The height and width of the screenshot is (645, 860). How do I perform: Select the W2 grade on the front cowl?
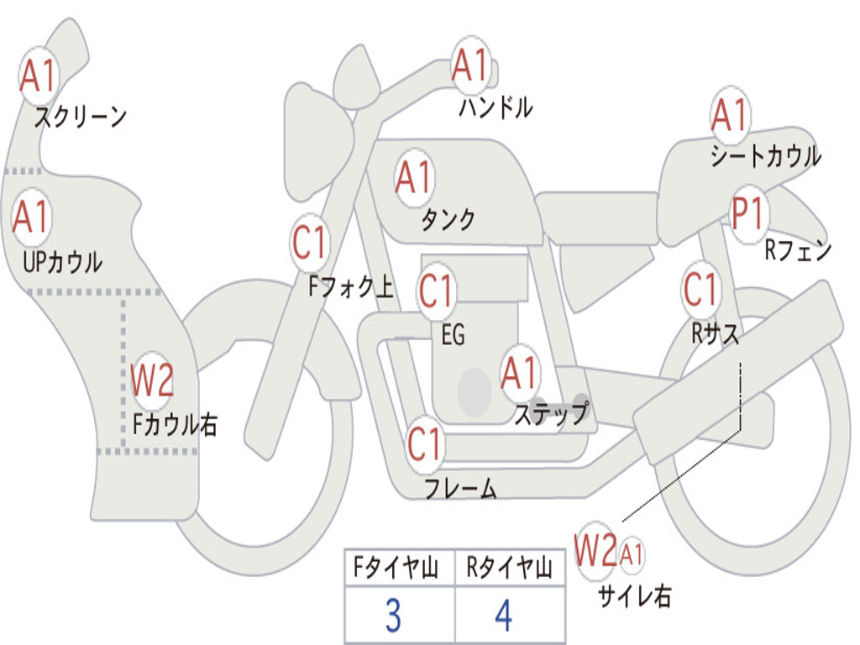(x=153, y=380)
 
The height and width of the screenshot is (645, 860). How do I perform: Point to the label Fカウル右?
(x=175, y=424)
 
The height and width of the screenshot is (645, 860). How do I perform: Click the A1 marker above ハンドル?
(x=470, y=66)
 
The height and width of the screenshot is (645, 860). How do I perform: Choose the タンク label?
(x=448, y=220)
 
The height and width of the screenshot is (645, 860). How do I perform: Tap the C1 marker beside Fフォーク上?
(x=310, y=244)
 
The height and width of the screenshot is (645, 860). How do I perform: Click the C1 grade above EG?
(x=437, y=291)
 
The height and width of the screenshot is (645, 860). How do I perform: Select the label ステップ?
(x=551, y=413)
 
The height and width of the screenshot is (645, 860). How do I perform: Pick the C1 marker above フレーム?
(x=425, y=443)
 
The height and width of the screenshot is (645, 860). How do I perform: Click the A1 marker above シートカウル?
(x=729, y=114)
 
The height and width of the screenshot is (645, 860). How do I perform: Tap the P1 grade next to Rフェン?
(x=747, y=215)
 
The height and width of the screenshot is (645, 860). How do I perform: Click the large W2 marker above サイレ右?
(x=596, y=551)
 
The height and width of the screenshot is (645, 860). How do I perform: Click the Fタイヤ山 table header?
(x=399, y=569)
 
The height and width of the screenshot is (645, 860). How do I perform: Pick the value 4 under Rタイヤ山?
(x=504, y=616)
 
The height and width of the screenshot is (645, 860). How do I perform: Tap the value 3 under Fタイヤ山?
(x=392, y=616)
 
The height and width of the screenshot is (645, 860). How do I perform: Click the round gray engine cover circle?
(x=475, y=389)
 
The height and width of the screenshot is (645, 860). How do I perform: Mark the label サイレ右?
(x=634, y=596)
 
